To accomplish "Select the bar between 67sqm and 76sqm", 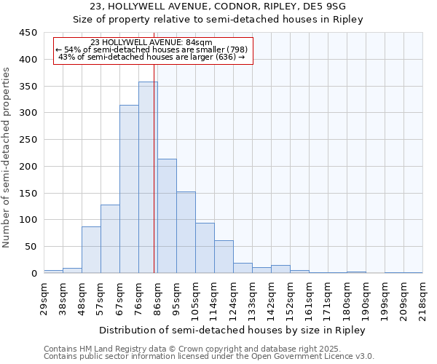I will (129, 189).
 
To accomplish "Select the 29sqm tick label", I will (44, 298).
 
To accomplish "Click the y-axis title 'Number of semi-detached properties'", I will (7, 157).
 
